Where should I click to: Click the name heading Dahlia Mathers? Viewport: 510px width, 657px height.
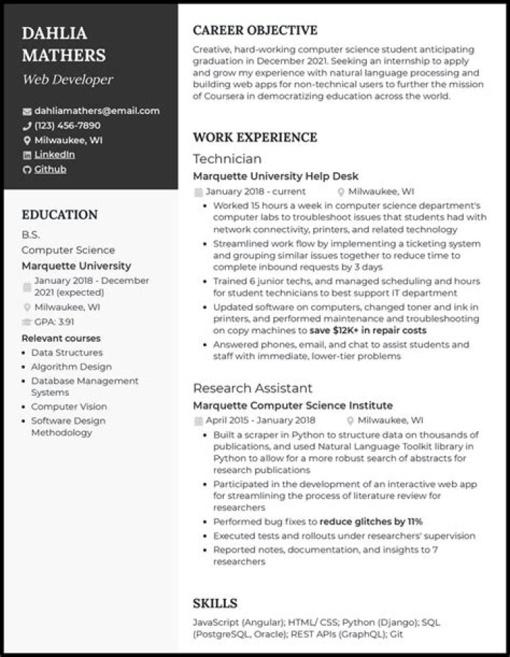[x=64, y=44]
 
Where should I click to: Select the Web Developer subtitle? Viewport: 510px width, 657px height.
[x=67, y=79]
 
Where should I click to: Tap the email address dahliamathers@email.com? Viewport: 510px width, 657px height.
[x=96, y=110]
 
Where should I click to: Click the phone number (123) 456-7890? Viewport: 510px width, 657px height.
[x=67, y=125]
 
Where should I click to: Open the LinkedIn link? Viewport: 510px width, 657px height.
[x=55, y=154]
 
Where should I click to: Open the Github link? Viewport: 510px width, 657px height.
[x=50, y=169]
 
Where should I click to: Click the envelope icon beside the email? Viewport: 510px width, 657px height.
[x=27, y=111]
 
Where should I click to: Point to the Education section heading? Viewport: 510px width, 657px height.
[x=59, y=215]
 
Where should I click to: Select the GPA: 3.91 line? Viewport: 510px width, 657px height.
[x=54, y=321]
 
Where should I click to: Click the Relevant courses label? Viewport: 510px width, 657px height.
[x=61, y=338]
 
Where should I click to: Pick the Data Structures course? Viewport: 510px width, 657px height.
[x=67, y=353]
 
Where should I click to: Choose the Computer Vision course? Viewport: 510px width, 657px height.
[x=69, y=406]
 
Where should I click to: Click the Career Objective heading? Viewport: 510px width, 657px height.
[x=255, y=30]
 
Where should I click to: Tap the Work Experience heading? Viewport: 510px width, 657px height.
[x=255, y=137]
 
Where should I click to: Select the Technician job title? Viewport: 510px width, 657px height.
[x=227, y=159]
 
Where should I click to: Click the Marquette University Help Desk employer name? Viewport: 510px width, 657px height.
[x=276, y=176]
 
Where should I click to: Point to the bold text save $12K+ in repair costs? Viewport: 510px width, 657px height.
[x=368, y=330]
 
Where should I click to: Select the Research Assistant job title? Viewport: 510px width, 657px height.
[x=252, y=388]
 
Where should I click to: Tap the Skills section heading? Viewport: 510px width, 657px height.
[x=215, y=603]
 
